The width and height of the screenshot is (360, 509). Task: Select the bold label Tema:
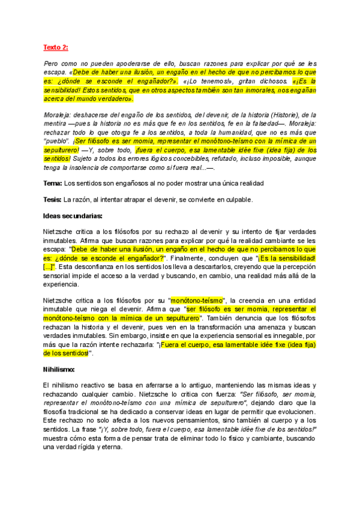click(53, 182)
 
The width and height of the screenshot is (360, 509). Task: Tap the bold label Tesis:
click(53, 199)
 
